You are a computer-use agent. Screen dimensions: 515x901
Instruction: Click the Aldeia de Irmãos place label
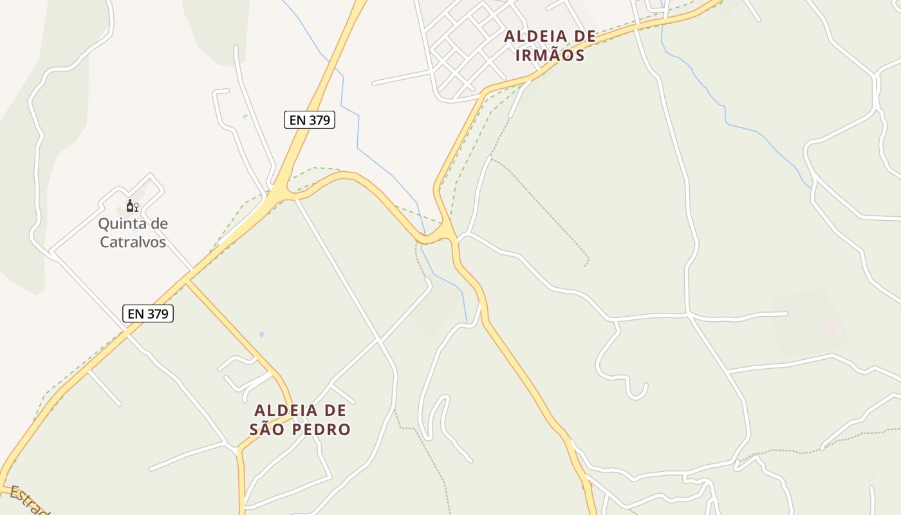[x=550, y=46]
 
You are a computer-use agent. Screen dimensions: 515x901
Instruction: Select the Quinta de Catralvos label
[x=133, y=232]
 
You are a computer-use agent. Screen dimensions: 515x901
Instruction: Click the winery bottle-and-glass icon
[x=132, y=206]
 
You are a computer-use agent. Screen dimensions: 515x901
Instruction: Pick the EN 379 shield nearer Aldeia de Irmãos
[x=310, y=120]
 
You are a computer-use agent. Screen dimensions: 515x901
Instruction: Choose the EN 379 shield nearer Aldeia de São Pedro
[x=148, y=314]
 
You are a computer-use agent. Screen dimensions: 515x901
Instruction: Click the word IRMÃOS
[x=550, y=55]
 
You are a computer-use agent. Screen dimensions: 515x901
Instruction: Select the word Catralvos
[x=133, y=242]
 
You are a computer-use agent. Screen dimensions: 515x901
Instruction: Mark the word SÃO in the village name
[x=266, y=429]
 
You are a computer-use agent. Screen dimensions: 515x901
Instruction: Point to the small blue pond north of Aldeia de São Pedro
[x=261, y=334]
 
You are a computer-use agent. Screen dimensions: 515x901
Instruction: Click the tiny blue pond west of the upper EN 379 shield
[x=245, y=117]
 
